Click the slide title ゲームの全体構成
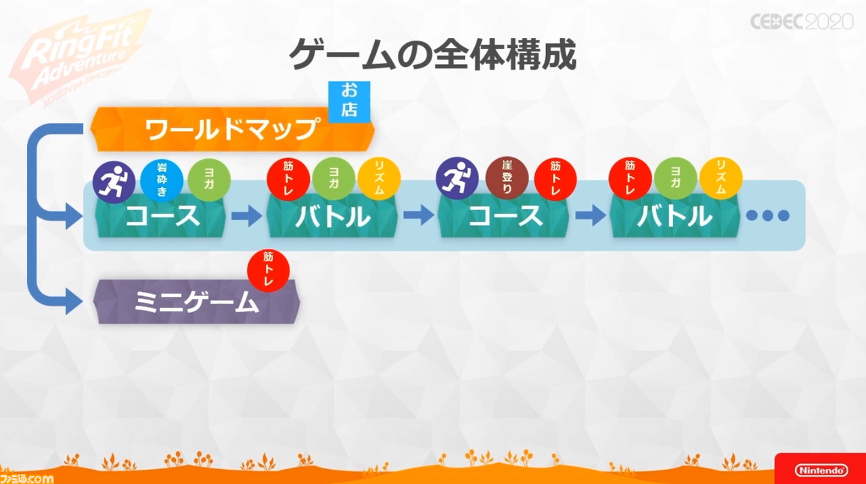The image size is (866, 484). click(x=432, y=55)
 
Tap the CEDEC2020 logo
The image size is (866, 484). click(x=802, y=21)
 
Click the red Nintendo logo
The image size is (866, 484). click(x=821, y=470)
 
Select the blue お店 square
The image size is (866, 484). click(x=349, y=101)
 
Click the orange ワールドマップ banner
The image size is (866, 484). click(x=232, y=129)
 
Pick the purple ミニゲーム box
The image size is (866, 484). click(x=196, y=301)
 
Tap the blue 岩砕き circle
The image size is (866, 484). click(x=162, y=180)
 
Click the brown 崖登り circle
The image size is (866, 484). click(x=507, y=178)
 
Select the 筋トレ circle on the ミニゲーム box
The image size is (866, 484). click(x=269, y=270)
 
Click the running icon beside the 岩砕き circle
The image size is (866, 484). click(x=114, y=182)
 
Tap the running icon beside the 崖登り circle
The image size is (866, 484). click(x=457, y=178)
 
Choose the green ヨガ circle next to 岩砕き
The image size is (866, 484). click(x=209, y=180)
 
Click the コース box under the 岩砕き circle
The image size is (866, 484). click(x=161, y=216)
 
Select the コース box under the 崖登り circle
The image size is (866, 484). click(x=504, y=216)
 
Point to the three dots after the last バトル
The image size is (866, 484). click(x=767, y=215)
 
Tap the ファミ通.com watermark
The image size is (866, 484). click(x=26, y=479)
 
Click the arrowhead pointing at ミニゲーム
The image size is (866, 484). click(x=74, y=301)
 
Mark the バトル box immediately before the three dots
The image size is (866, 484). click(x=675, y=216)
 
